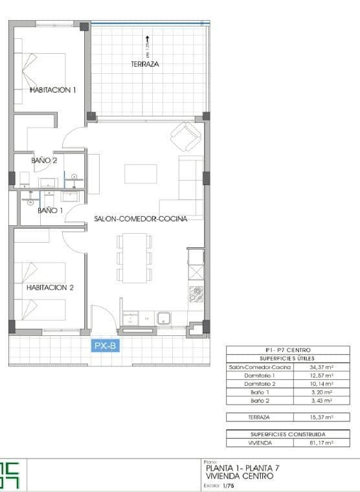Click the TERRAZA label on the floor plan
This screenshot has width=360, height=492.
pyautogui.click(x=145, y=64)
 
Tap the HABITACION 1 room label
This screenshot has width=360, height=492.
pyautogui.click(x=52, y=90)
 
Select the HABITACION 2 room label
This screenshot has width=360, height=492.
pyautogui.click(x=50, y=287)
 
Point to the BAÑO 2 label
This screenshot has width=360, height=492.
pyautogui.click(x=44, y=160)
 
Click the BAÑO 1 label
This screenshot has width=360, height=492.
pyautogui.click(x=50, y=210)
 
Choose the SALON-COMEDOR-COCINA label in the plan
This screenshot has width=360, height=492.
pyautogui.click(x=141, y=219)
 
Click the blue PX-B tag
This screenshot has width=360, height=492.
pyautogui.click(x=105, y=346)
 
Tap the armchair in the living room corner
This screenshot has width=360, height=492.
pyautogui.click(x=185, y=136)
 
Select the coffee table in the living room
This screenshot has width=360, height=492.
pyautogui.click(x=141, y=173)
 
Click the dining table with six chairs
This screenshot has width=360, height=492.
pyautogui.click(x=135, y=258)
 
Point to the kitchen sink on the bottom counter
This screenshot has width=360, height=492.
pyautogui.click(x=163, y=317)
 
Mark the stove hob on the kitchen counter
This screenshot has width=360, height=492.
pyautogui.click(x=196, y=294)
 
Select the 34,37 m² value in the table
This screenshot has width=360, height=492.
pyautogui.click(x=321, y=367)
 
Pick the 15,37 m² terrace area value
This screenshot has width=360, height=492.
pyautogui.click(x=321, y=418)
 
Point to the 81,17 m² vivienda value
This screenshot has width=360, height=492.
pyautogui.click(x=321, y=443)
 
